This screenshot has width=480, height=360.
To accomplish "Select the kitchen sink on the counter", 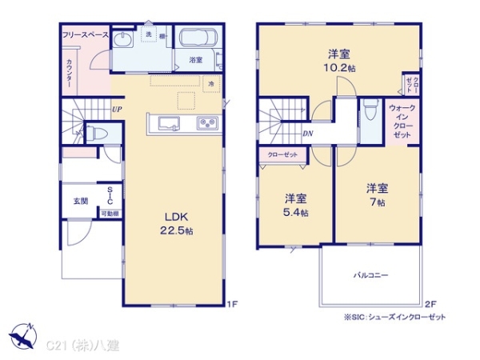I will (x=169, y=123).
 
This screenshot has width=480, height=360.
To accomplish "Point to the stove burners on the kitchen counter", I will (x=206, y=123).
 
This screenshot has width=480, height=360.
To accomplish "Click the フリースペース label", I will (x=86, y=35).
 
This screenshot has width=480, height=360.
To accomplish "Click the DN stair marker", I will (x=308, y=134).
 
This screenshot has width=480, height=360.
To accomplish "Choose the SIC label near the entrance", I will (x=110, y=197).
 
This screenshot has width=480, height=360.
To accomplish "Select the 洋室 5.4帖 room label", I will (x=295, y=205).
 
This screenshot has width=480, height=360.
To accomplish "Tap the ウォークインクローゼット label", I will (x=402, y=121).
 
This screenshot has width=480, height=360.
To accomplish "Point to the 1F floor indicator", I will (x=232, y=304).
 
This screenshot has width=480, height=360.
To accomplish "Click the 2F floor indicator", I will (x=430, y=304).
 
